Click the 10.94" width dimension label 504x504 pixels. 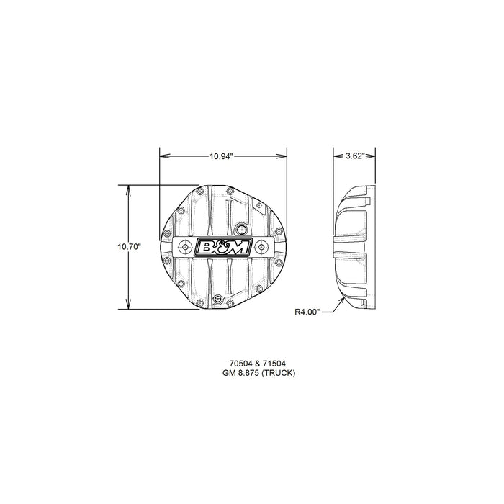pyautogui.click(x=222, y=156)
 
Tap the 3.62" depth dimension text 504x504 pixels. pyautogui.click(x=356, y=156)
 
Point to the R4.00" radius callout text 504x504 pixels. pyautogui.click(x=308, y=312)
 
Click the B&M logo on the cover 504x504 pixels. pyautogui.click(x=223, y=246)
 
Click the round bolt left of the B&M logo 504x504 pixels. pyautogui.click(x=185, y=246)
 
